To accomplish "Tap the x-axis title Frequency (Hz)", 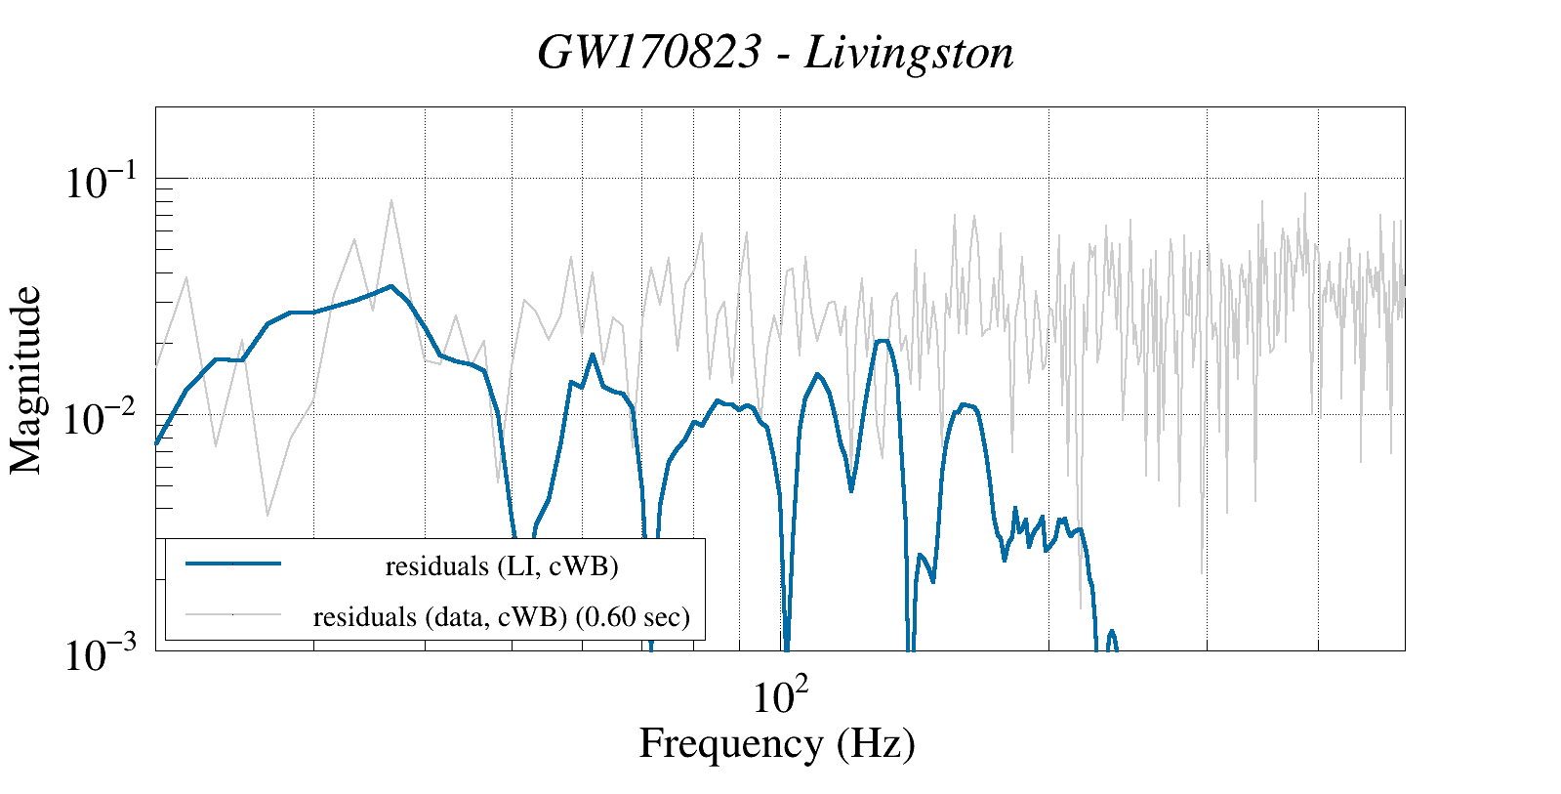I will [x=777, y=743].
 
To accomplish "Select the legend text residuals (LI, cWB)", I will [x=502, y=565].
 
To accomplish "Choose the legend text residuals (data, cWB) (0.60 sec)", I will [x=501, y=616].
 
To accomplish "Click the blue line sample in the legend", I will [x=233, y=564].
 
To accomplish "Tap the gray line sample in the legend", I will [x=233, y=614].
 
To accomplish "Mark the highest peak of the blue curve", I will [x=390, y=286].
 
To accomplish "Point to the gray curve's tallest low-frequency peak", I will [x=391, y=201].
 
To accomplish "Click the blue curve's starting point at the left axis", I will [x=157, y=442].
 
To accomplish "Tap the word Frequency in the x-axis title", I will [x=730, y=743].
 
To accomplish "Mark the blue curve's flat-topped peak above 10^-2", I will [x=883, y=341].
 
